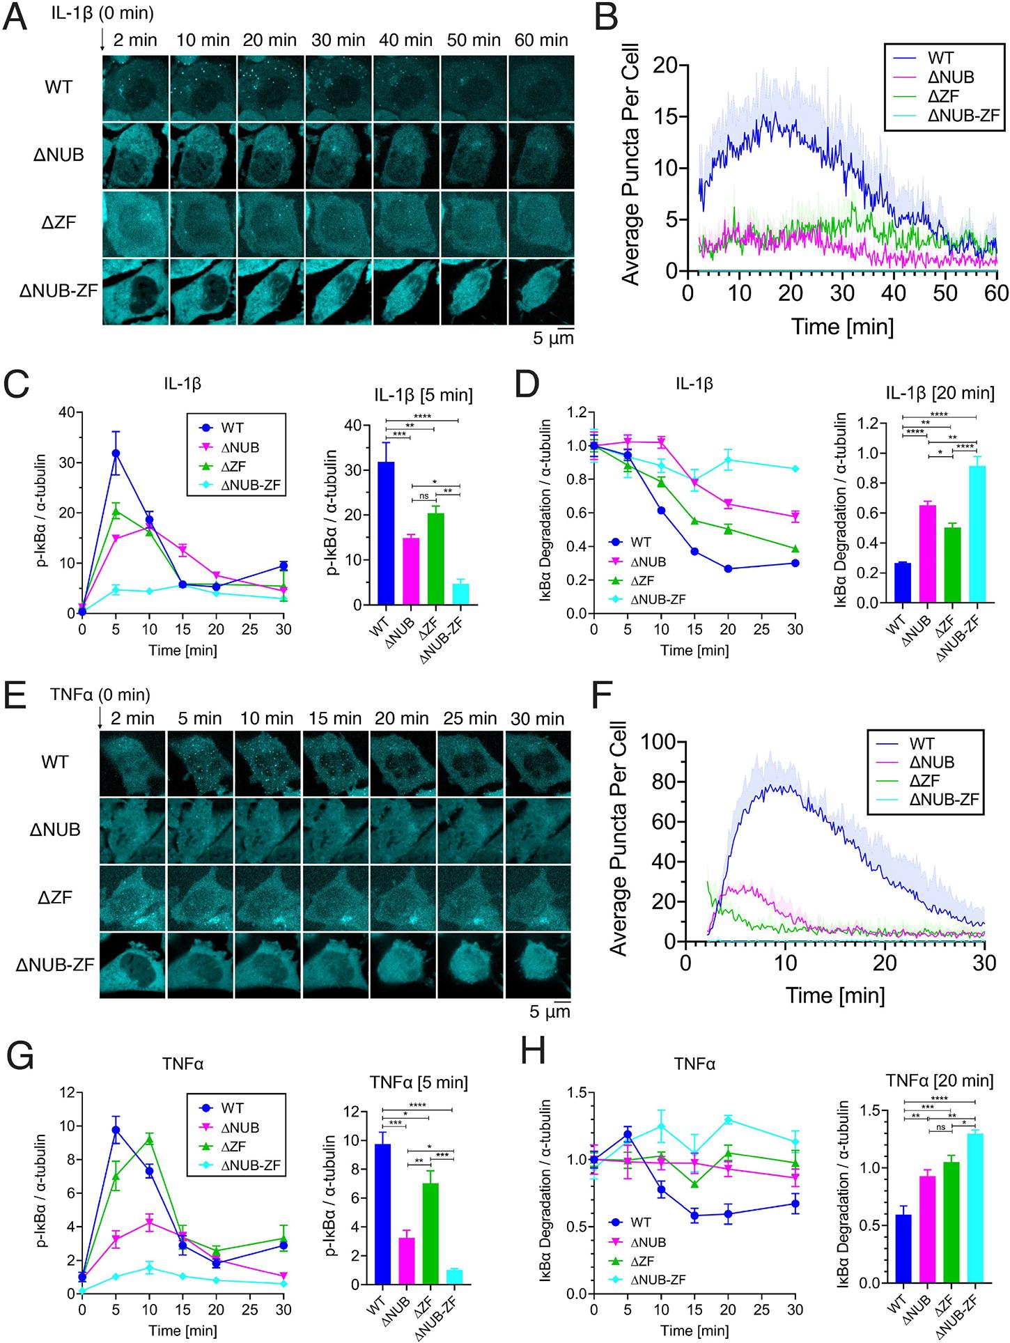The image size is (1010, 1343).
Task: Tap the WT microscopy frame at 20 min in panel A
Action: [x=270, y=88]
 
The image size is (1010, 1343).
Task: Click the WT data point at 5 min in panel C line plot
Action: [x=116, y=453]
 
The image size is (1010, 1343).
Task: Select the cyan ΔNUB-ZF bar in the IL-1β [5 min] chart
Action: [x=460, y=593]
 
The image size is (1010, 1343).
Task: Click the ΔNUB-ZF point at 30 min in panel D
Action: [x=795, y=468]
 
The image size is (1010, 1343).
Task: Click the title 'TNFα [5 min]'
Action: [x=417, y=1082]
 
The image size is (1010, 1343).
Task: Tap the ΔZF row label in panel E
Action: [x=54, y=897]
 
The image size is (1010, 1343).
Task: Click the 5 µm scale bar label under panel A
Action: [x=547, y=339]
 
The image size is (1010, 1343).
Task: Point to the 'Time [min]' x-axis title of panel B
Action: [x=842, y=326]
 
